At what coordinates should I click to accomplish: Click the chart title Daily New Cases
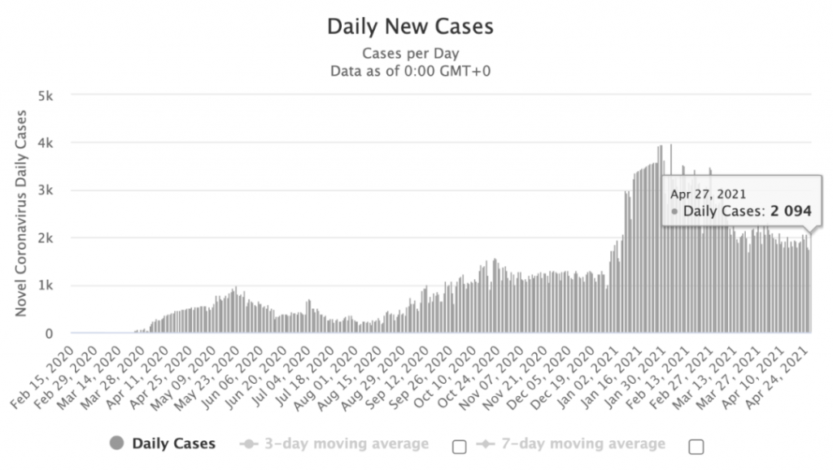click(x=410, y=27)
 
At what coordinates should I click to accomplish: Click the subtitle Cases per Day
click(x=411, y=54)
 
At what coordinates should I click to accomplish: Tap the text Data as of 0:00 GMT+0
click(x=411, y=71)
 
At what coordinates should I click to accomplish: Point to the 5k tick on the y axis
click(x=46, y=96)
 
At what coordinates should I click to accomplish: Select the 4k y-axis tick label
click(x=46, y=143)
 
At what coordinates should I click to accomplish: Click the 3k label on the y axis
click(x=46, y=190)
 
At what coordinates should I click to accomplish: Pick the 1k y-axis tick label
click(x=46, y=286)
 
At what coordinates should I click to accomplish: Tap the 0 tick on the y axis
click(x=49, y=334)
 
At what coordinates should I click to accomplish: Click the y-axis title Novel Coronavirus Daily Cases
click(x=20, y=213)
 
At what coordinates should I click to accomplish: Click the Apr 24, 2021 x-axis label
click(x=777, y=377)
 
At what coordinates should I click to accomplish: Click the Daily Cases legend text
click(x=174, y=443)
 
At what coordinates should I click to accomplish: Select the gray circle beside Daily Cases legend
click(x=116, y=443)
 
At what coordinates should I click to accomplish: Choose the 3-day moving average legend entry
click(x=334, y=443)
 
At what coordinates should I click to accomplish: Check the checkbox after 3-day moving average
click(x=460, y=447)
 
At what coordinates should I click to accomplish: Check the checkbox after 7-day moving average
click(x=696, y=447)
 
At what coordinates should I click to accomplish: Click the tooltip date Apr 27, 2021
click(x=709, y=194)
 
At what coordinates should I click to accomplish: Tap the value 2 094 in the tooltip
click(x=791, y=212)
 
